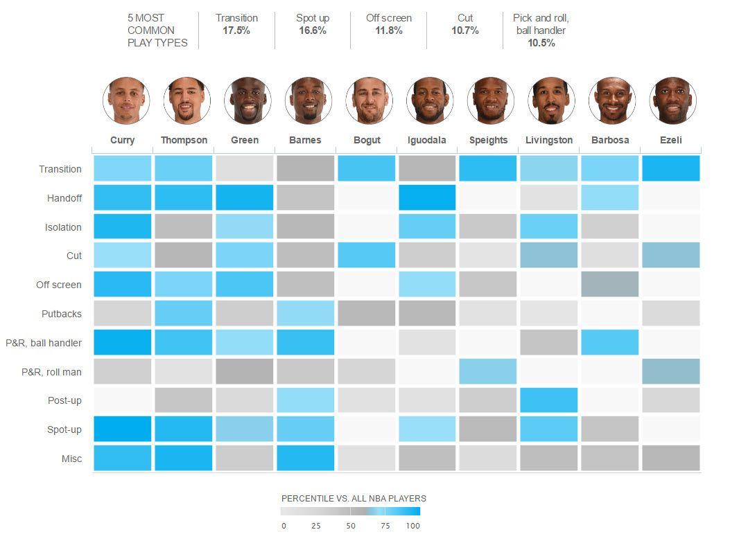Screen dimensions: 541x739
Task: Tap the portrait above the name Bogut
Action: click(x=367, y=100)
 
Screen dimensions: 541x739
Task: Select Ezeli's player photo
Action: click(x=670, y=100)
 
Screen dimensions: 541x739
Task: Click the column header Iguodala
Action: click(x=427, y=140)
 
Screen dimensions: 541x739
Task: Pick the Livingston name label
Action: click(x=549, y=140)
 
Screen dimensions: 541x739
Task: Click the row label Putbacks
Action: click(x=62, y=314)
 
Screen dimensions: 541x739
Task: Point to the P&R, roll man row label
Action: click(x=52, y=372)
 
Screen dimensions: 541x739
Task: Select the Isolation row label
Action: click(x=63, y=227)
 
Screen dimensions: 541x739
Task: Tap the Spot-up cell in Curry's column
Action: click(x=123, y=429)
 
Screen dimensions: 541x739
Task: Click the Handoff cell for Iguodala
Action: click(x=427, y=197)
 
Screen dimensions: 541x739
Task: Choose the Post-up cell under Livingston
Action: click(x=549, y=400)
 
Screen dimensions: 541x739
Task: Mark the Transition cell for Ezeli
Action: click(x=670, y=168)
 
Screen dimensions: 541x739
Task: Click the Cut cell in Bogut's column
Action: click(x=367, y=256)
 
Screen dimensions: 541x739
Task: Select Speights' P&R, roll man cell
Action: click(x=488, y=372)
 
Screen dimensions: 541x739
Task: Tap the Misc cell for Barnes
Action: click(x=306, y=458)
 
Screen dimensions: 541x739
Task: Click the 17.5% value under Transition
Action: click(x=236, y=30)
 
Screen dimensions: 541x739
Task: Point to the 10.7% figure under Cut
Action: click(x=465, y=30)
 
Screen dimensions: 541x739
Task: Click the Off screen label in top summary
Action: click(x=388, y=18)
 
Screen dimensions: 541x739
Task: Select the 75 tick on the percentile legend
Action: click(x=385, y=526)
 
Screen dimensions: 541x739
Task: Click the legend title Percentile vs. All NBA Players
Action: click(x=354, y=498)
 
